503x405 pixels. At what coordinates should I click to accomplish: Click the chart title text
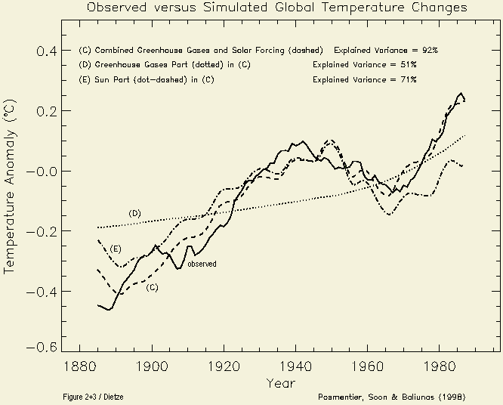[276, 8]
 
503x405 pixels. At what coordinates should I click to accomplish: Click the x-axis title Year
[276, 383]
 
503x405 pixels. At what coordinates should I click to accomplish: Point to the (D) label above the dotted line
[134, 213]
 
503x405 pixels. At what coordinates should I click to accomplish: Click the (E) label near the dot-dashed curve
[116, 249]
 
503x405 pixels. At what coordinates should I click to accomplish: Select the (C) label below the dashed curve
[152, 287]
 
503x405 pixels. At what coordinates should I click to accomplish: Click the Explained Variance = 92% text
[386, 49]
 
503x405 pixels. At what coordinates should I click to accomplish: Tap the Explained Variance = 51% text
[364, 64]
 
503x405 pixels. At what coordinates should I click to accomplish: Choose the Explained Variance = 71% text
[364, 79]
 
